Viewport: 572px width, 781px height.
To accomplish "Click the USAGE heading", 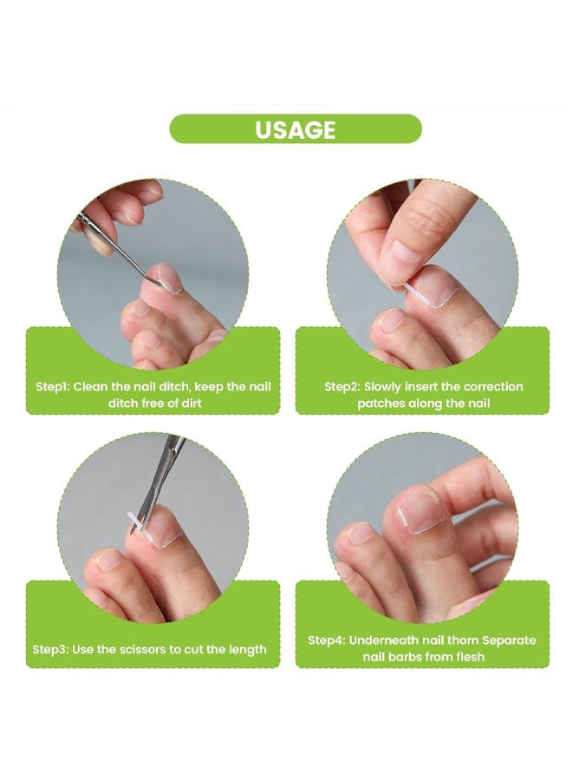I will click(295, 129).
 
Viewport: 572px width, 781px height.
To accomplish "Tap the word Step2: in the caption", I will click(341, 387).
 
